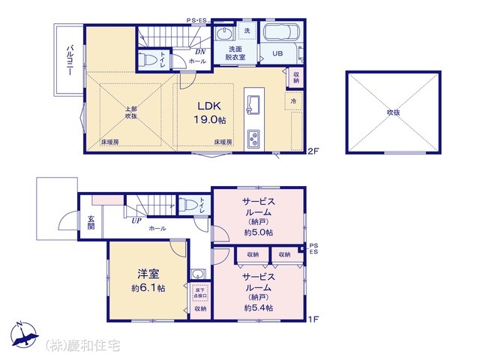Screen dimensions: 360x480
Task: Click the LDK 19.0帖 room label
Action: coord(211,112)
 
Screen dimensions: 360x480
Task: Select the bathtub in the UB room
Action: coord(280,34)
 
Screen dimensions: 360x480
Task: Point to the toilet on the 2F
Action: coord(150,59)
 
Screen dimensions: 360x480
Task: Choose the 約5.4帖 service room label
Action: coord(258,292)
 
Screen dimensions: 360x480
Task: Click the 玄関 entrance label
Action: coord(91,223)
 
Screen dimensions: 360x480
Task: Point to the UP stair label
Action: coord(136,220)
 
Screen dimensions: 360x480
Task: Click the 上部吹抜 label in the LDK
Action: coord(131,112)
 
